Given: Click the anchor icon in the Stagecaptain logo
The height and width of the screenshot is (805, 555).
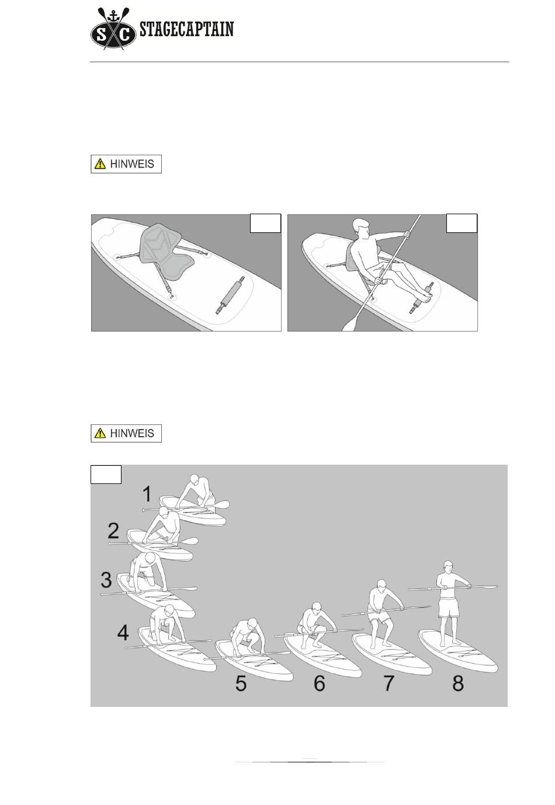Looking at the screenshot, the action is tap(113, 15).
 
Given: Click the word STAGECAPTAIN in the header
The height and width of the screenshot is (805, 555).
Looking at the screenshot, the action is tap(186, 29).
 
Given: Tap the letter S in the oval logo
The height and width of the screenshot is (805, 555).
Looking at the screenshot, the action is tap(102, 35).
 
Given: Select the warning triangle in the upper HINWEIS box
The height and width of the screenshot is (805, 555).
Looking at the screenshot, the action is tap(100, 164).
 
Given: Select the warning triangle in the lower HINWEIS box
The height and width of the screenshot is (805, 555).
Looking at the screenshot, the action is tap(100, 433).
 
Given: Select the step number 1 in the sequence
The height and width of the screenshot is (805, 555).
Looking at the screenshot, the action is tap(147, 493).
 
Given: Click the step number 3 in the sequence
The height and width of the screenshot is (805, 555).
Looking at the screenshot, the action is tap(106, 579).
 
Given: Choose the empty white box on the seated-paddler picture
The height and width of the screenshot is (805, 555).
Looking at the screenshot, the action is tap(462, 223).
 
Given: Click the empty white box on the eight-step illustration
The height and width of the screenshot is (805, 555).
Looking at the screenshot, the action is tap(106, 475).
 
